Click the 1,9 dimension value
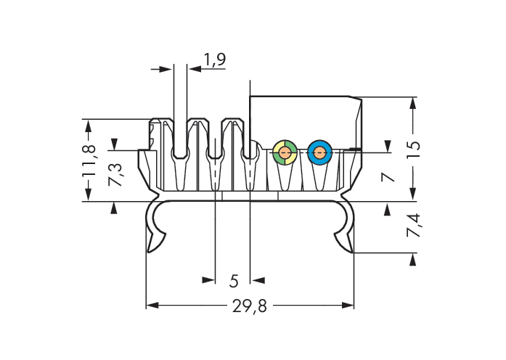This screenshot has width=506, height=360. click(x=215, y=59)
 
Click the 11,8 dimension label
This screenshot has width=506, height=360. click(x=89, y=160)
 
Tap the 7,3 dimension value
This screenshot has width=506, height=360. click(x=115, y=174)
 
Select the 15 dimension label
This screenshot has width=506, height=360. click(x=413, y=149)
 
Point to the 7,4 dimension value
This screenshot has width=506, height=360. click(x=413, y=225)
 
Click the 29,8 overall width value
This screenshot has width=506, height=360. click(x=250, y=306)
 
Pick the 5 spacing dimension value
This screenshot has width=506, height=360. click(x=234, y=281)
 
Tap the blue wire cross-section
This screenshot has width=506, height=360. click(x=319, y=152)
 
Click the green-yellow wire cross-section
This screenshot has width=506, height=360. click(x=285, y=152)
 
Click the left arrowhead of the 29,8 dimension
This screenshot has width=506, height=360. click(x=152, y=305)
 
